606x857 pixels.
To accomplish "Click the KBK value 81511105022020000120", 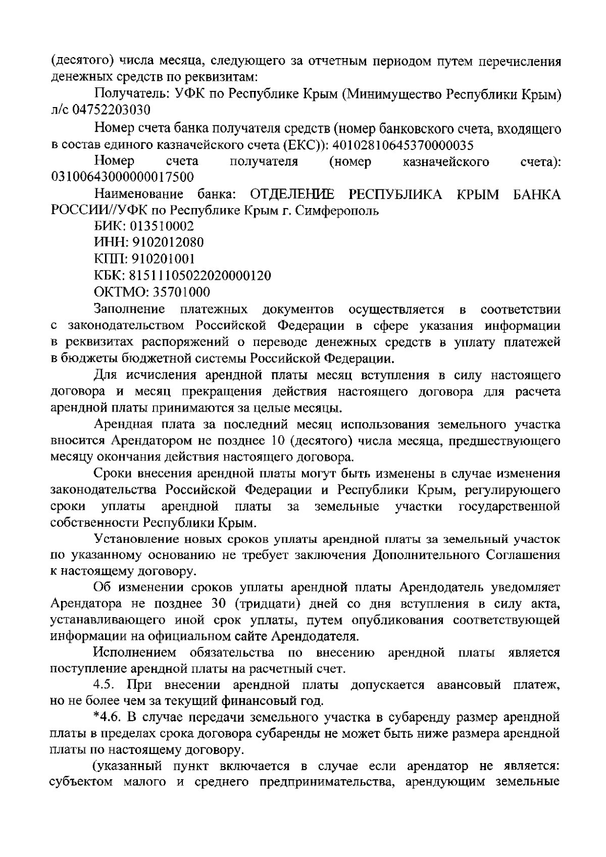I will [200, 276].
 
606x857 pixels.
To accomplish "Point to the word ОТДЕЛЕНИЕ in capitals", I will [289, 195].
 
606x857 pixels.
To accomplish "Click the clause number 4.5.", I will [105, 685].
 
